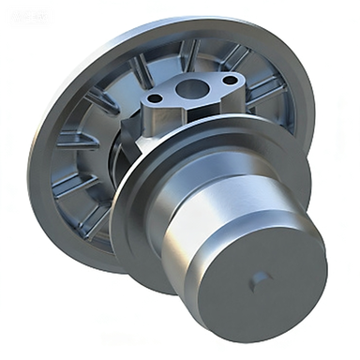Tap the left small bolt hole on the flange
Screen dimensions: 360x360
point(157,97)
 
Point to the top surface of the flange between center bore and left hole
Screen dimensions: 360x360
point(174,95)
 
